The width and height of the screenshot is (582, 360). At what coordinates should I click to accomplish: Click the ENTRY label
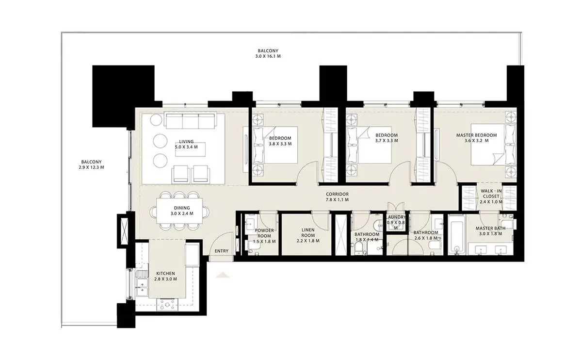pos(221,251)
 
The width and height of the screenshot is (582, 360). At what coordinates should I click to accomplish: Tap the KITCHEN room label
pos(165,274)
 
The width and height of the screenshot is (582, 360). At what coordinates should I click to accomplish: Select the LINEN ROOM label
pos(308,232)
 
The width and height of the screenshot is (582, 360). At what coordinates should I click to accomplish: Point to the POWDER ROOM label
pos(264,233)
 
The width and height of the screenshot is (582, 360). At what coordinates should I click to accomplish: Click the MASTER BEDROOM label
pos(476,135)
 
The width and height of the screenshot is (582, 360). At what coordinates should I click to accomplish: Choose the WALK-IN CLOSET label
pos(491,194)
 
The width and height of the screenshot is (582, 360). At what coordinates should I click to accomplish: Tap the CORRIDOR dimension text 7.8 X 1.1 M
pos(337,200)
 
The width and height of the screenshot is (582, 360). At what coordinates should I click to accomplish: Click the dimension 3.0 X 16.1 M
pos(268,56)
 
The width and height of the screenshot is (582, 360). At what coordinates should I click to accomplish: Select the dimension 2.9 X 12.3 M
pos(92,167)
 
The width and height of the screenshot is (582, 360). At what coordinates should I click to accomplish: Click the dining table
pos(179,211)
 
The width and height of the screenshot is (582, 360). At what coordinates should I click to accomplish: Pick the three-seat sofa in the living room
pos(191,121)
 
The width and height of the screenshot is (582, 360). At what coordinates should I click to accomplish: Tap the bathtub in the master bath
pos(456,234)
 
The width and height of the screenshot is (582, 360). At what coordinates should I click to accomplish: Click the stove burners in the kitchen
pos(167,304)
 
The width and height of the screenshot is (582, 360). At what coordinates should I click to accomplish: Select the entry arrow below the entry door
pos(223,275)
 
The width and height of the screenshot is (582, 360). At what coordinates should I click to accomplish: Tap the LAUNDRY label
pos(396,217)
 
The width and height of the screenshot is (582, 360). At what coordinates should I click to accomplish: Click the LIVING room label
pos(186,142)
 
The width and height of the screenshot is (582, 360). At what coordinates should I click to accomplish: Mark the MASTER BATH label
pos(490,228)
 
